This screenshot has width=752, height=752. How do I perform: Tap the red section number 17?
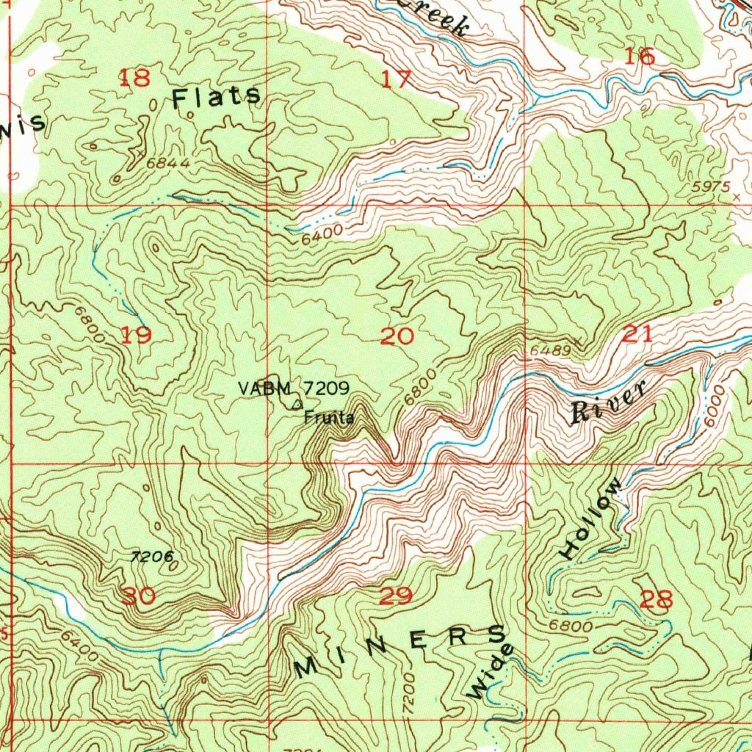(x=397, y=79)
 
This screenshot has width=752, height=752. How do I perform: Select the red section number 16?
(x=639, y=56)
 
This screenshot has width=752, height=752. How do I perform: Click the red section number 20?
(x=397, y=336)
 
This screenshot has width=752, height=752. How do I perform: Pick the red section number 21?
(x=637, y=335)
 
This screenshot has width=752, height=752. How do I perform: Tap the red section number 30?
(x=138, y=596)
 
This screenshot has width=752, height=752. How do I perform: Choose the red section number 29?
(x=396, y=596)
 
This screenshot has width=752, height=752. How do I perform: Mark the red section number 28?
(x=656, y=600)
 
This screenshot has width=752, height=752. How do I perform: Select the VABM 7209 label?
(x=293, y=387)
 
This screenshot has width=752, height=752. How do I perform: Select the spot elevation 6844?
(x=168, y=163)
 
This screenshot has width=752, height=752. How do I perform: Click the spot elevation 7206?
(x=152, y=557)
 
